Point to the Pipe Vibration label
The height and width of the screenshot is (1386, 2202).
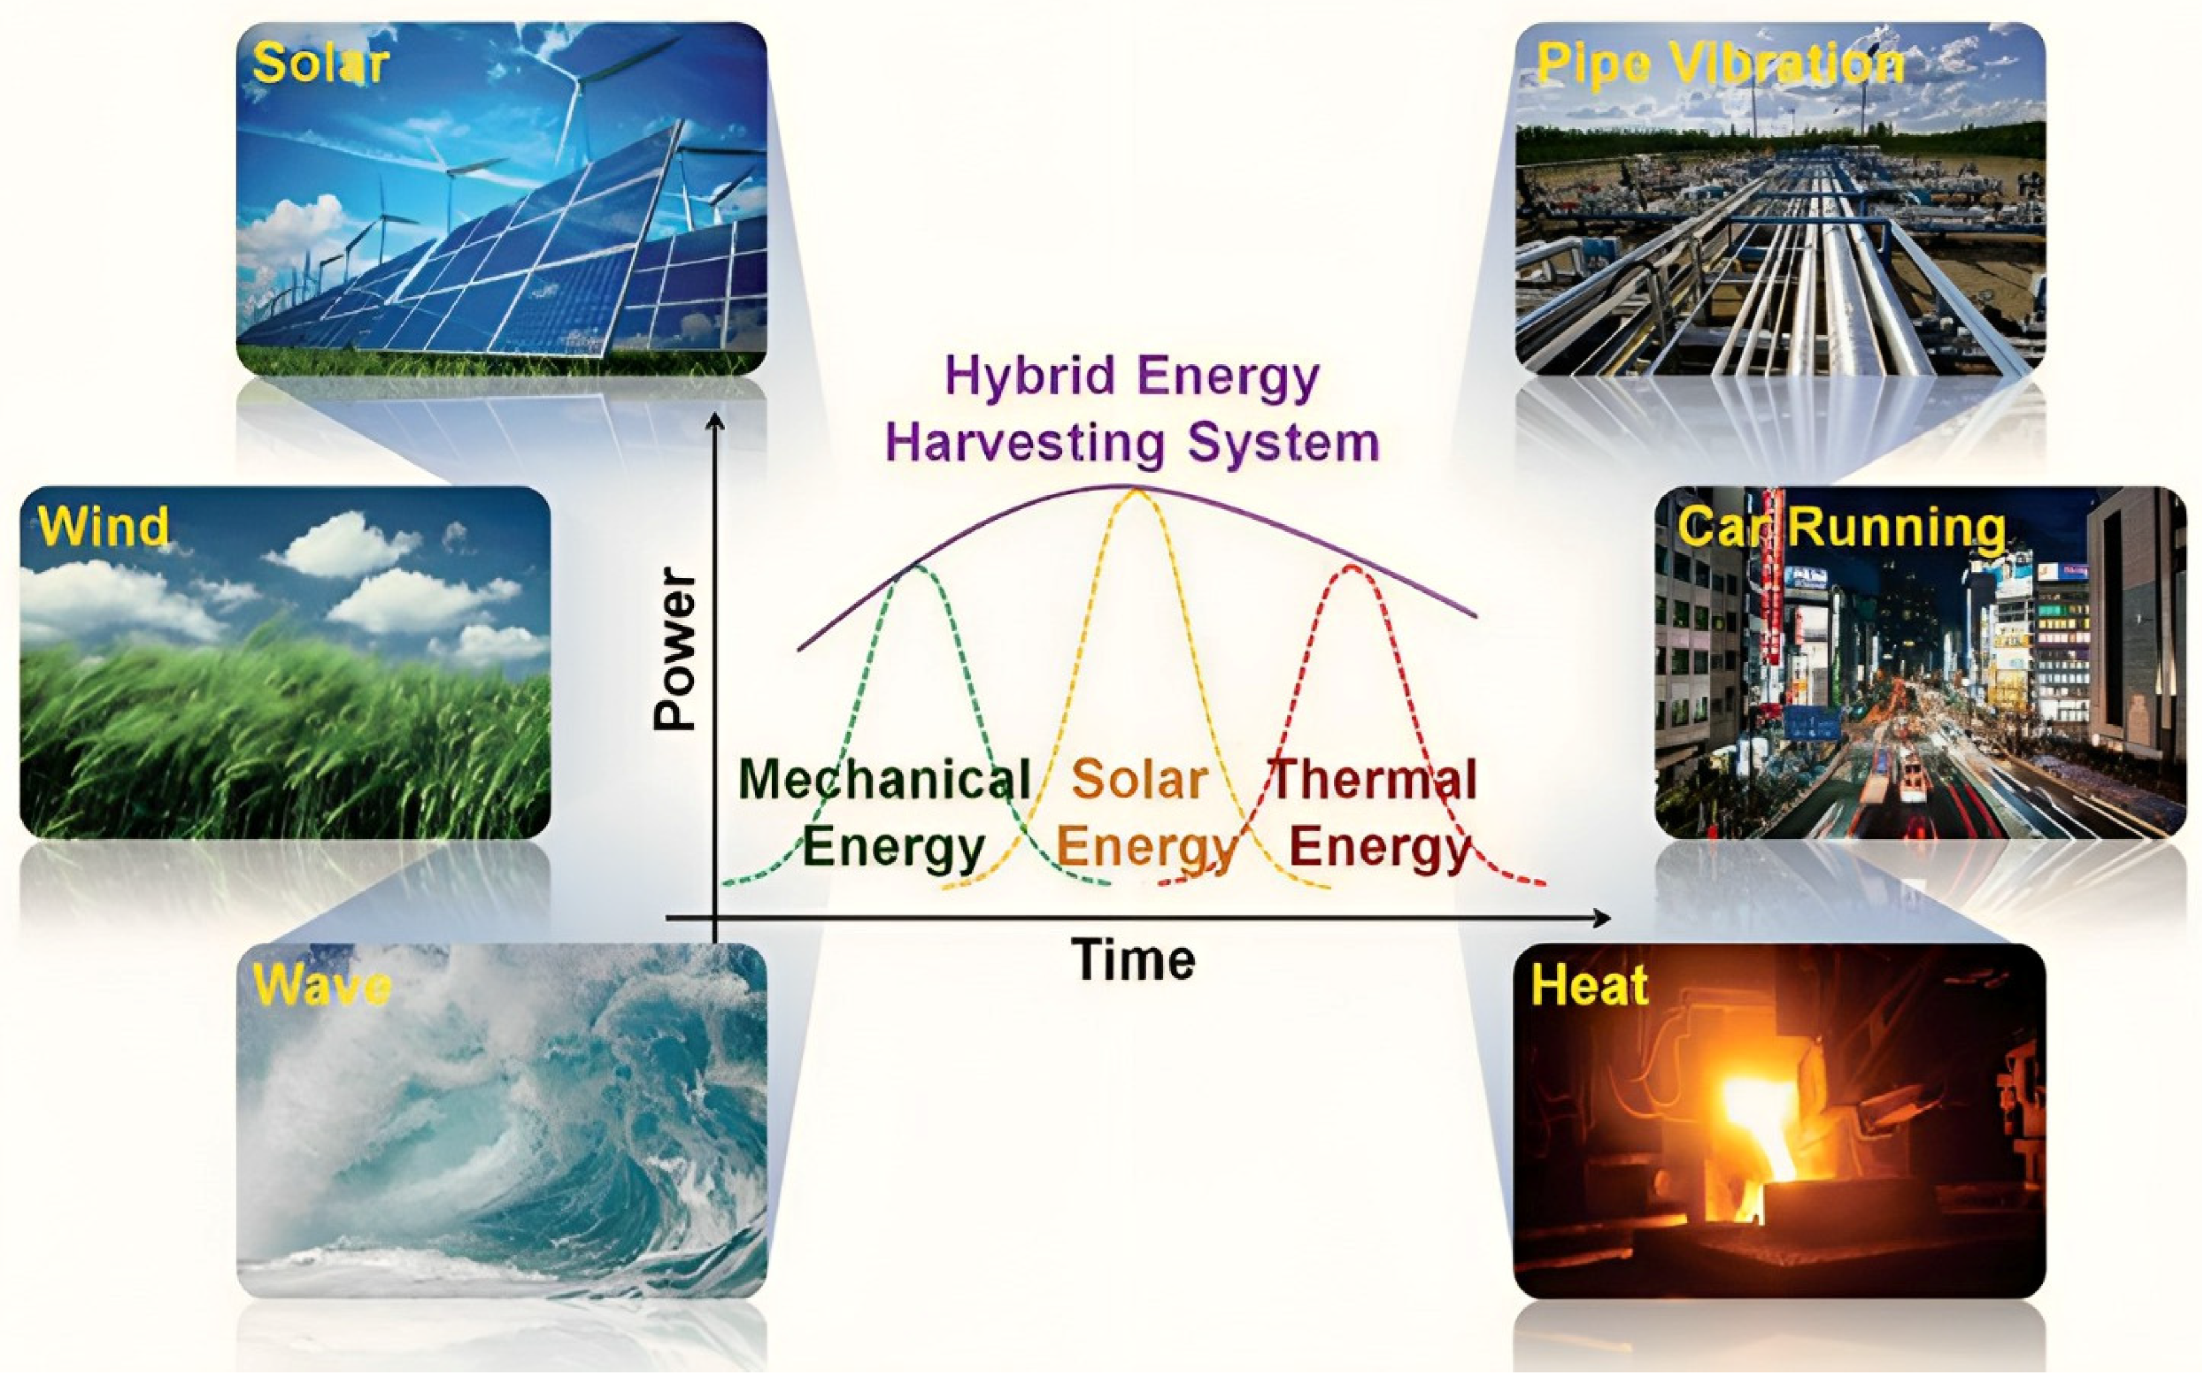[1719, 65]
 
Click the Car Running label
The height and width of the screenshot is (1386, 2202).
[1841, 527]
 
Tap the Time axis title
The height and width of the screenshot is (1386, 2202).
[1133, 959]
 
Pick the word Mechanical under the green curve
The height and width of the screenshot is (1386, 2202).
[884, 780]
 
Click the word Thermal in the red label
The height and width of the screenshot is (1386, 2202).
[1374, 780]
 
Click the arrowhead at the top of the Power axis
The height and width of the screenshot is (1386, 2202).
[715, 419]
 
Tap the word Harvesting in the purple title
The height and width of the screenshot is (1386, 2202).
[1025, 443]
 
